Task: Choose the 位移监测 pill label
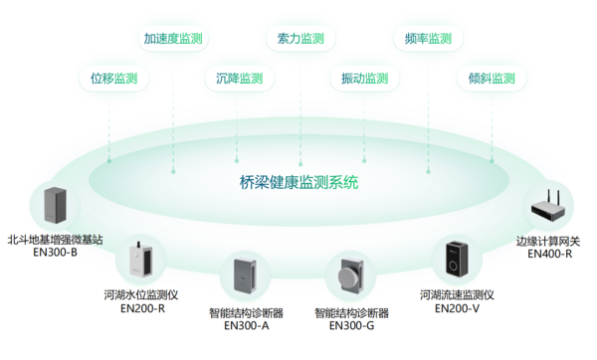tap(113, 79)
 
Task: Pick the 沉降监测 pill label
tap(239, 79)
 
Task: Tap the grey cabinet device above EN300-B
tap(55, 205)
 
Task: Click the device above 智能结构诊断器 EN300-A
tap(246, 276)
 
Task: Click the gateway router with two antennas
tap(550, 208)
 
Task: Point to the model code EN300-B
tap(55, 253)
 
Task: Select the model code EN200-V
tap(457, 309)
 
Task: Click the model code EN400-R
tap(550, 254)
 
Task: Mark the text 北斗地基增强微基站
tap(55, 239)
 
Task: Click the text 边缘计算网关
tap(550, 240)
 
